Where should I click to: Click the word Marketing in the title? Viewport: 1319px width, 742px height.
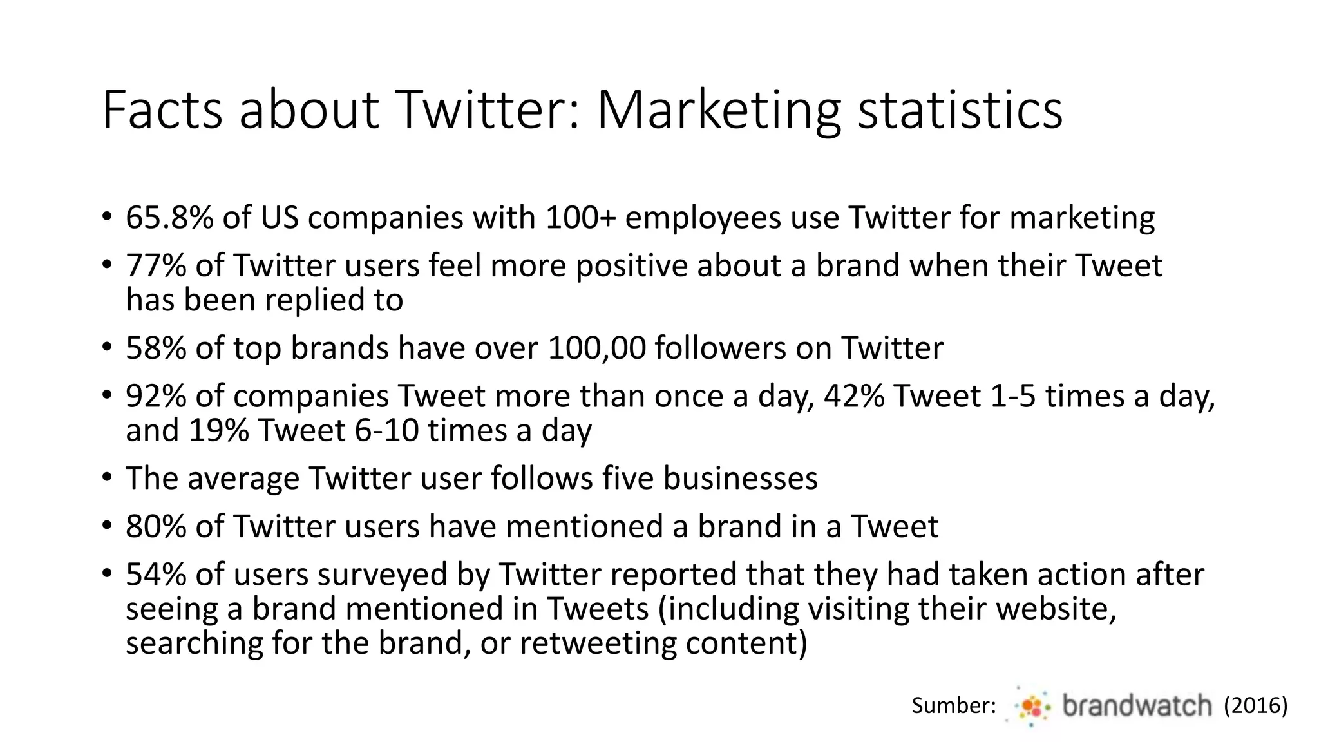(x=718, y=111)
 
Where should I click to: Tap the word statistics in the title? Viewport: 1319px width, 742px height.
(x=960, y=111)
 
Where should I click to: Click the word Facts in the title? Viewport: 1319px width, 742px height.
(x=162, y=111)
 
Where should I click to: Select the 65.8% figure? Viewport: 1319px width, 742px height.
(x=169, y=218)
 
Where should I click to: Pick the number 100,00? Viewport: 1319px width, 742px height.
(x=596, y=348)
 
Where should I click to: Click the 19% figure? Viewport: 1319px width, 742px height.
(x=218, y=430)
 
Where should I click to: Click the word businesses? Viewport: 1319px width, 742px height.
(x=740, y=479)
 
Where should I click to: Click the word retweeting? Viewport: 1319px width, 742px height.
(x=597, y=643)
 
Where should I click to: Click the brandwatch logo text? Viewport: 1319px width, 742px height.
(x=1137, y=706)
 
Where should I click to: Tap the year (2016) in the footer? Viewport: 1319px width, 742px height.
(x=1255, y=706)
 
